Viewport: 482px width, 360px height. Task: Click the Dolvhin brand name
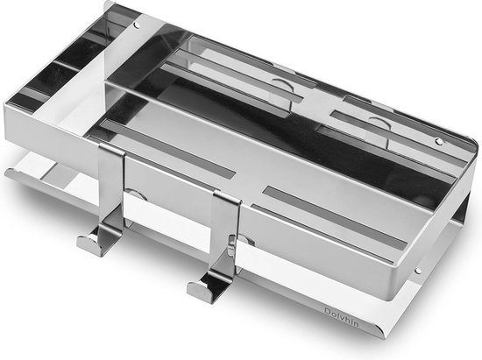point(341,317)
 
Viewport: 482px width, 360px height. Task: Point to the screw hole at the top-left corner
point(137,25)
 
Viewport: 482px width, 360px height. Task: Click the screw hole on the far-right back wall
point(439,141)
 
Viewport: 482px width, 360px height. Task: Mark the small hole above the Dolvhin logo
point(417,271)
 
